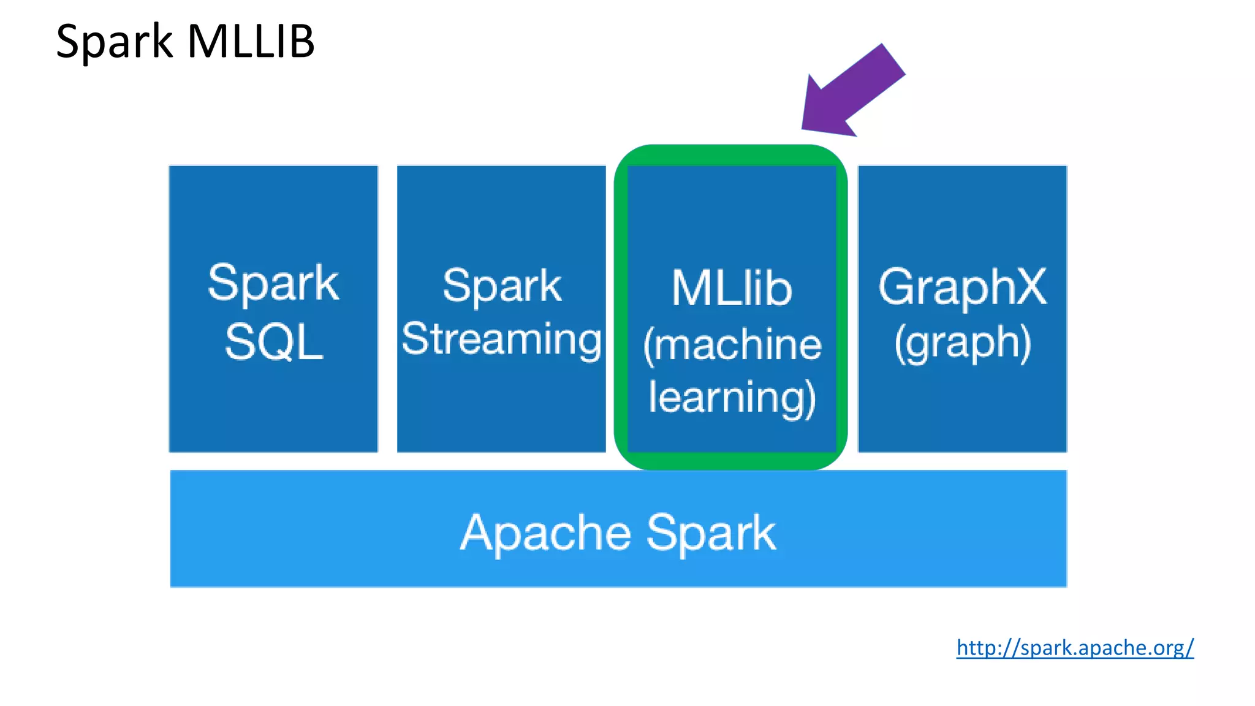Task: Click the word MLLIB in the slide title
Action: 251,42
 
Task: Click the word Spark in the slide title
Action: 115,42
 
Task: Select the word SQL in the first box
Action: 274,342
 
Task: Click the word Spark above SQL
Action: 273,283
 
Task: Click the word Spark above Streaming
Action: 501,286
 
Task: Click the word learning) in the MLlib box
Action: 732,397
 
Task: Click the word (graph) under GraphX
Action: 962,343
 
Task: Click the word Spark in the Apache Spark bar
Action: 711,533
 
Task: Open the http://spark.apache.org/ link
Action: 1075,648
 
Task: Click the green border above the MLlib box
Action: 731,155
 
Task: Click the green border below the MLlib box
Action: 731,461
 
